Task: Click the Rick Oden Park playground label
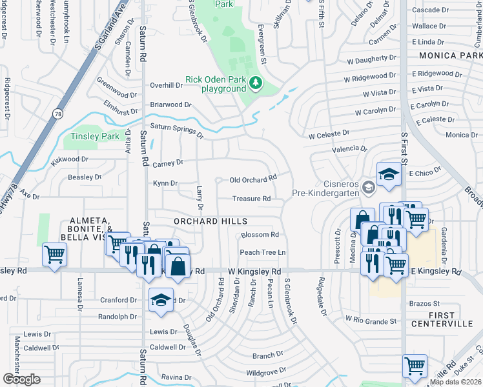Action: [x=215, y=84]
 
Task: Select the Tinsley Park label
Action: [x=95, y=136]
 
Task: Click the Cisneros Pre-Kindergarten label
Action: [x=325, y=187]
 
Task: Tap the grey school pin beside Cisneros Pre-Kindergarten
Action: [x=368, y=188]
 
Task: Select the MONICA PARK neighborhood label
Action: [x=450, y=56]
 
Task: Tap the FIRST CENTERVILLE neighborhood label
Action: [x=447, y=318]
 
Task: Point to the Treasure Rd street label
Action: [x=251, y=199]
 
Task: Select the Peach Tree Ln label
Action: [x=263, y=252]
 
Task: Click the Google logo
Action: [x=21, y=379]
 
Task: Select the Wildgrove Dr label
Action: [x=266, y=372]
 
